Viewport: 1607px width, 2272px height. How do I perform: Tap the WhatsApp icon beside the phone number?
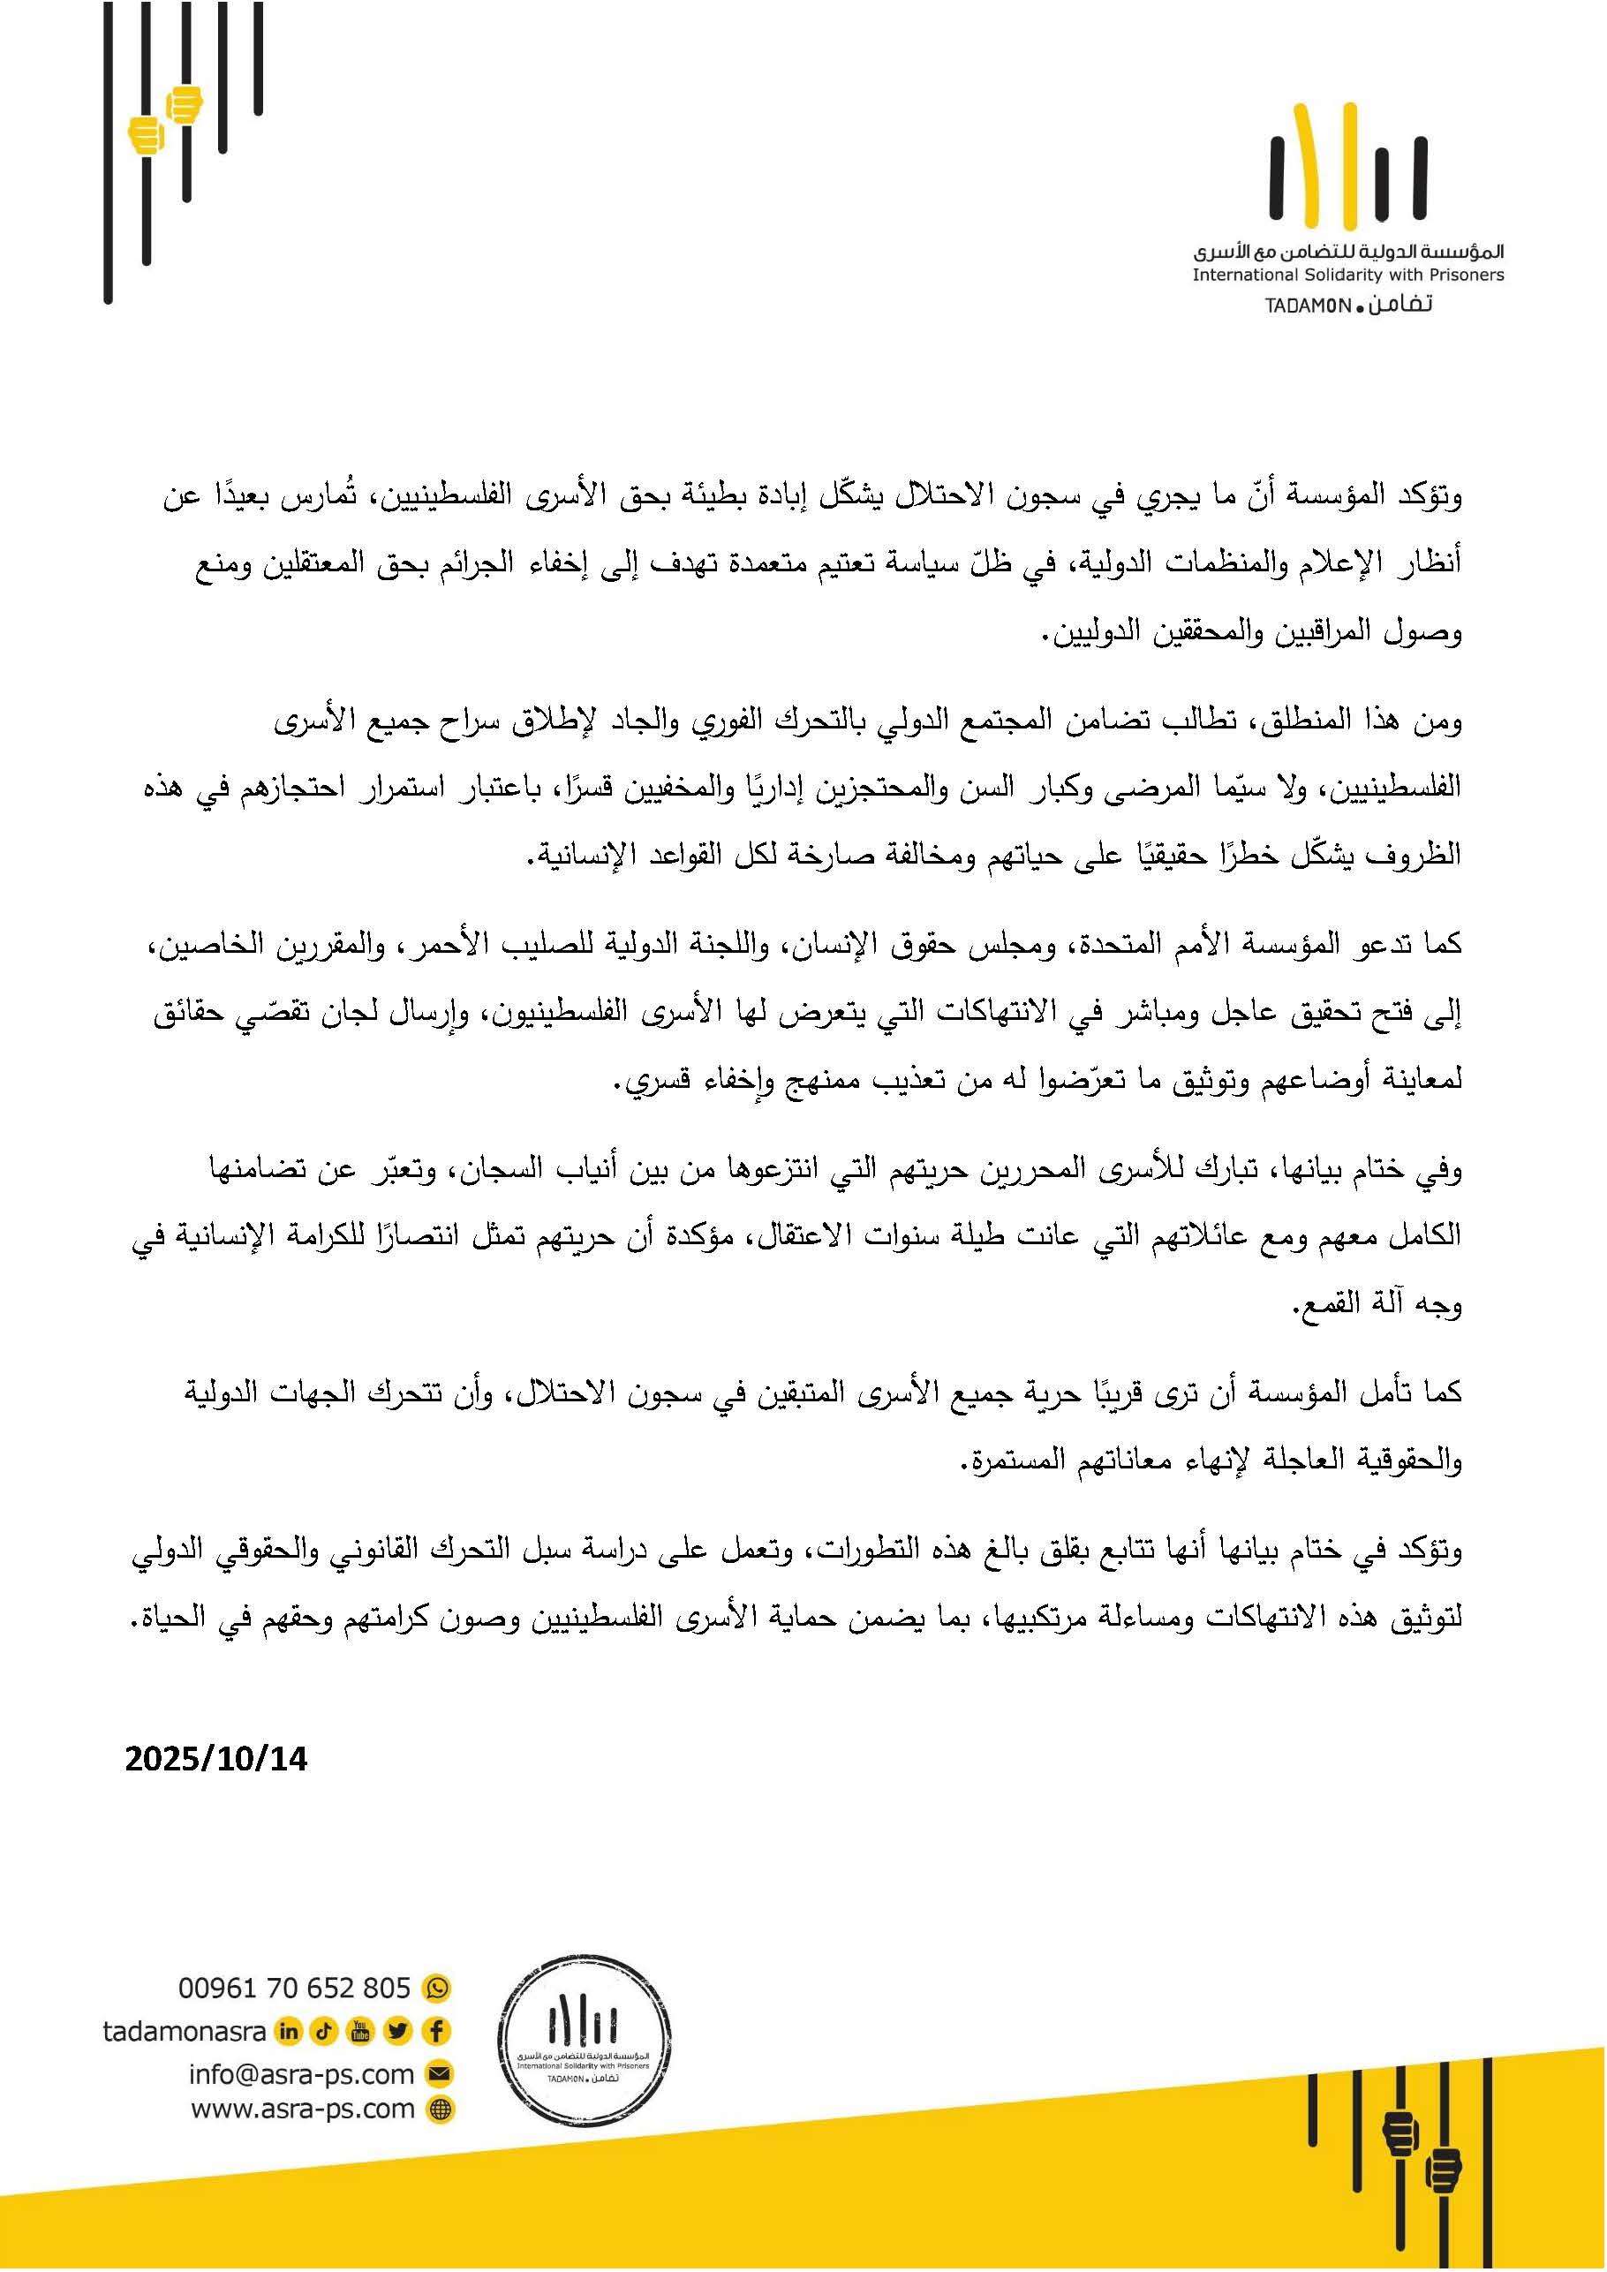[436, 1988]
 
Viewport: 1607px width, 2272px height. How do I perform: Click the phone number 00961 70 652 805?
[294, 1988]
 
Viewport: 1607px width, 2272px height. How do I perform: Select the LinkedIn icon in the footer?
[288, 2032]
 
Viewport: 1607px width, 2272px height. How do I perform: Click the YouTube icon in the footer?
[361, 2032]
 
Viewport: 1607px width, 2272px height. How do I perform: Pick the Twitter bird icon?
[399, 2032]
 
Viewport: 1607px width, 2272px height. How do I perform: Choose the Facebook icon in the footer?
[436, 2032]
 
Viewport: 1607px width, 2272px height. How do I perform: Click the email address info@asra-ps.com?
[301, 2074]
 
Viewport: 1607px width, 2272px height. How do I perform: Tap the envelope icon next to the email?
[438, 2074]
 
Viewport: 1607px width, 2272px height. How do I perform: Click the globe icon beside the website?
[440, 2110]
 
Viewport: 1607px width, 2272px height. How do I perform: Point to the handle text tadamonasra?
[184, 2032]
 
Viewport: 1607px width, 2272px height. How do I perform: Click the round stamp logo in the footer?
[584, 2048]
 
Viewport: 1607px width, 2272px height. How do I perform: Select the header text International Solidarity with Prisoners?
[1347, 276]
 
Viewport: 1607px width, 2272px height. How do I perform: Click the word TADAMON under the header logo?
[1307, 306]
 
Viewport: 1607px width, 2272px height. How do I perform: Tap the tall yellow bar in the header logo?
[1347, 163]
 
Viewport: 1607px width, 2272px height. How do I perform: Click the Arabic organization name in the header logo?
[1347, 253]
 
